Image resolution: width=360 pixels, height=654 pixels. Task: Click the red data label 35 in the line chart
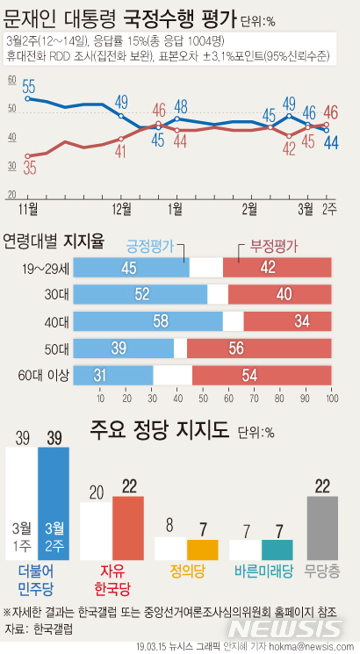coord(30,169)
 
